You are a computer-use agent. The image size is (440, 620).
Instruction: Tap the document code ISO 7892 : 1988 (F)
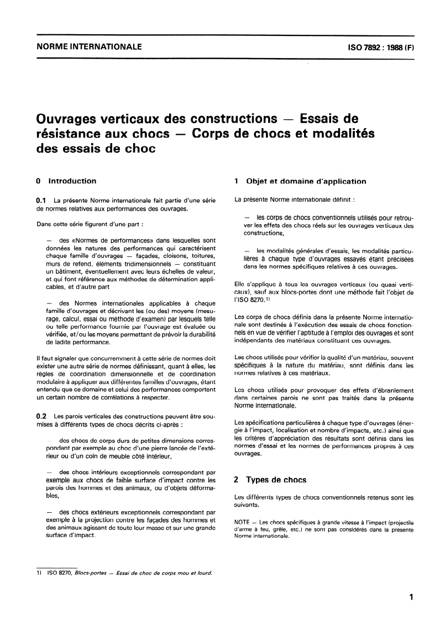[x=376, y=48]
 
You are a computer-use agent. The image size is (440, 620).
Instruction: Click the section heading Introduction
[x=72, y=181]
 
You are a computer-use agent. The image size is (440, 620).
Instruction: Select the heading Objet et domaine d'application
[x=306, y=181]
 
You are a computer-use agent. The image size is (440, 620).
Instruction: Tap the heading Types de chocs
[x=276, y=480]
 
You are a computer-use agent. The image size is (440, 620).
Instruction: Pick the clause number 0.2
[x=41, y=414]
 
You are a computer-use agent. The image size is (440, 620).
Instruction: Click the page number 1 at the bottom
[x=410, y=597]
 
